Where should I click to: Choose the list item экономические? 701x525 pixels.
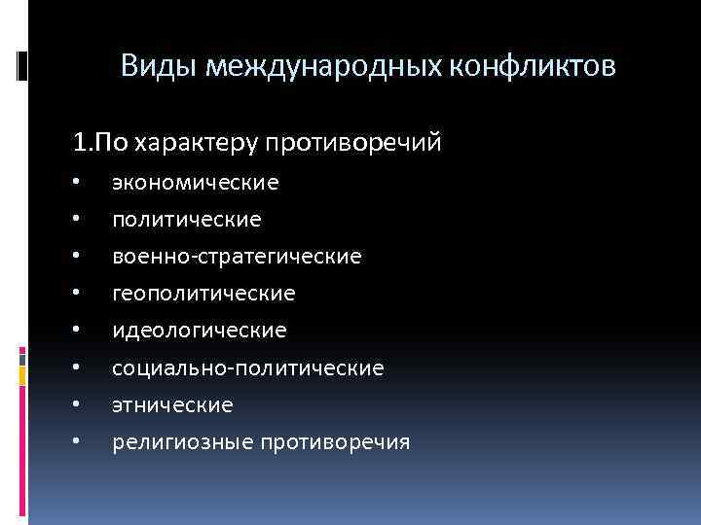195,182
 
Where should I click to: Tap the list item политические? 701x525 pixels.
186,220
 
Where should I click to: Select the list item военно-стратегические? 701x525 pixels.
237,257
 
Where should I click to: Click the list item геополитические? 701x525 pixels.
203,294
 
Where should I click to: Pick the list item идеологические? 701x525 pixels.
200,331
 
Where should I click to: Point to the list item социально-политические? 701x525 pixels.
247,368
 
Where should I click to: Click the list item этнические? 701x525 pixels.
172,405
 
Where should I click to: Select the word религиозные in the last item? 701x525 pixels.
181,443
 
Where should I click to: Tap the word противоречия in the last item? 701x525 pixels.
335,443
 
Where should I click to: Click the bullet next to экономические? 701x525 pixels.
74,183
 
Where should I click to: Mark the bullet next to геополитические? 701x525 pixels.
74,295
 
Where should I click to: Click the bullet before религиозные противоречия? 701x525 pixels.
74,443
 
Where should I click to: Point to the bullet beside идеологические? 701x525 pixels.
74,332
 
